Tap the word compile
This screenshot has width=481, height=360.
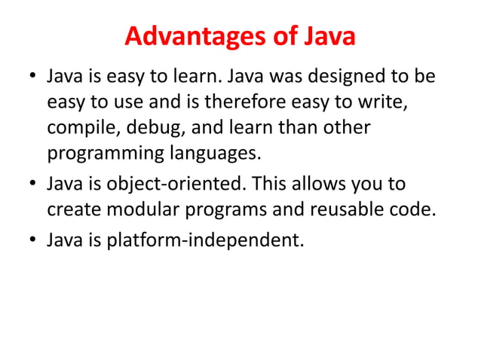click(x=79, y=127)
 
